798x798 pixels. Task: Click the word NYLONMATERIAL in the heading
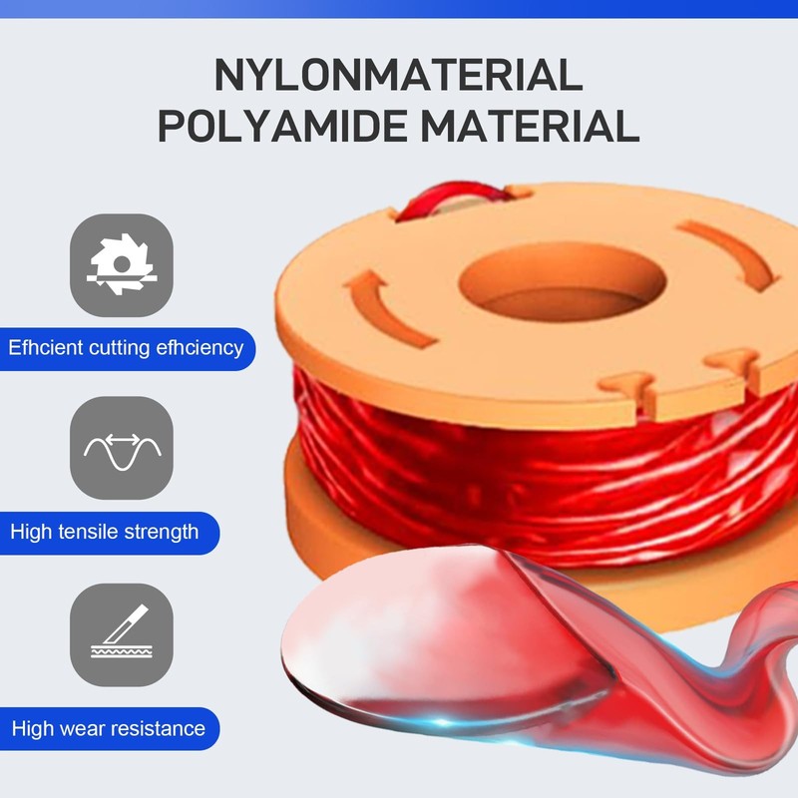[398, 75]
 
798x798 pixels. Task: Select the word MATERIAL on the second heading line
[530, 126]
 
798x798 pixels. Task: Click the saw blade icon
[121, 264]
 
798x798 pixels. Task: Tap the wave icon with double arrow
[122, 451]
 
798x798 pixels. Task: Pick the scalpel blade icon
[122, 631]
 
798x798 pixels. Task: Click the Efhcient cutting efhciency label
[126, 348]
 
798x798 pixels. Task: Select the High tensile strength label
[105, 533]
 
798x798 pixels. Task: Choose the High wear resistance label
[109, 728]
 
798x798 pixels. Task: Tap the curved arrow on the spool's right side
[733, 252]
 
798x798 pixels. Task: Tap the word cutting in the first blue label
[119, 348]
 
